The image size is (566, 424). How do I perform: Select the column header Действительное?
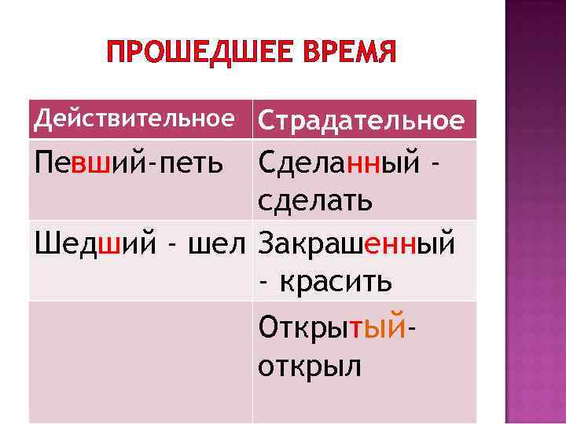pyautogui.click(x=135, y=119)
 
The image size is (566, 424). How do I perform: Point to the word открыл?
pyautogui.click(x=309, y=364)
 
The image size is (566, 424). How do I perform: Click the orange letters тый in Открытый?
pyautogui.click(x=379, y=324)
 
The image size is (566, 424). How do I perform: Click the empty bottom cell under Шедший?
pyautogui.click(x=141, y=361)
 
